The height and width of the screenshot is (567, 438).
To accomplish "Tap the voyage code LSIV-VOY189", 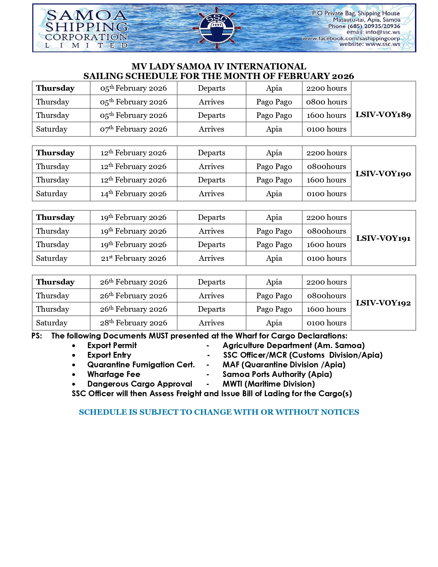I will coord(383,115).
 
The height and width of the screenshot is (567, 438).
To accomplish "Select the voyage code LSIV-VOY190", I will coord(383,174).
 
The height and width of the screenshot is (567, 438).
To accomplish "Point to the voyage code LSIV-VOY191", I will coord(383,238).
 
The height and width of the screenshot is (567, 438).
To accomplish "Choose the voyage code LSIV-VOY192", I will coord(383,303).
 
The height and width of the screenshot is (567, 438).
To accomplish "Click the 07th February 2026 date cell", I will coord(134,129).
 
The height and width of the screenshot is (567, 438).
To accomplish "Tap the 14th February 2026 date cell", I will coord(134,194).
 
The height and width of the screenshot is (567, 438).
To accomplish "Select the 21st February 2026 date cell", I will coord(134,258).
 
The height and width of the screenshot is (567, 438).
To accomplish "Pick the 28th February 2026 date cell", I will coord(134,323).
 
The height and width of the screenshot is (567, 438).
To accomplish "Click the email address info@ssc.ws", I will coord(373,32).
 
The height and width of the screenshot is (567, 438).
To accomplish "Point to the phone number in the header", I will coord(364,26).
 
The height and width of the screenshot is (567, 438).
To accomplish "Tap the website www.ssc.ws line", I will coord(370,44).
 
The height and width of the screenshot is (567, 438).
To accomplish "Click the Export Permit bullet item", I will coord(112,345).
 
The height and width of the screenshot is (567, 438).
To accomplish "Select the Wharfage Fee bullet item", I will coord(114,374).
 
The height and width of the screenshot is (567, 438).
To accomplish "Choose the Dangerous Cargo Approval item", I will coord(139,384).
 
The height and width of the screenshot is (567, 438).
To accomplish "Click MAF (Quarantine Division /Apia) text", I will coord(284,365).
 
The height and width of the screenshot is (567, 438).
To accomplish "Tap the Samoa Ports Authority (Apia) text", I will coord(277,374).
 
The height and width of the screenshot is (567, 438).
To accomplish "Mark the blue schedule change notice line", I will coord(219,412).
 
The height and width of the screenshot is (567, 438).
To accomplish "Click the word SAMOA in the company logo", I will coord(87,15).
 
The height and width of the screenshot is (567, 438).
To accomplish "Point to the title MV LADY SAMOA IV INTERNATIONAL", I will coord(219,66).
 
